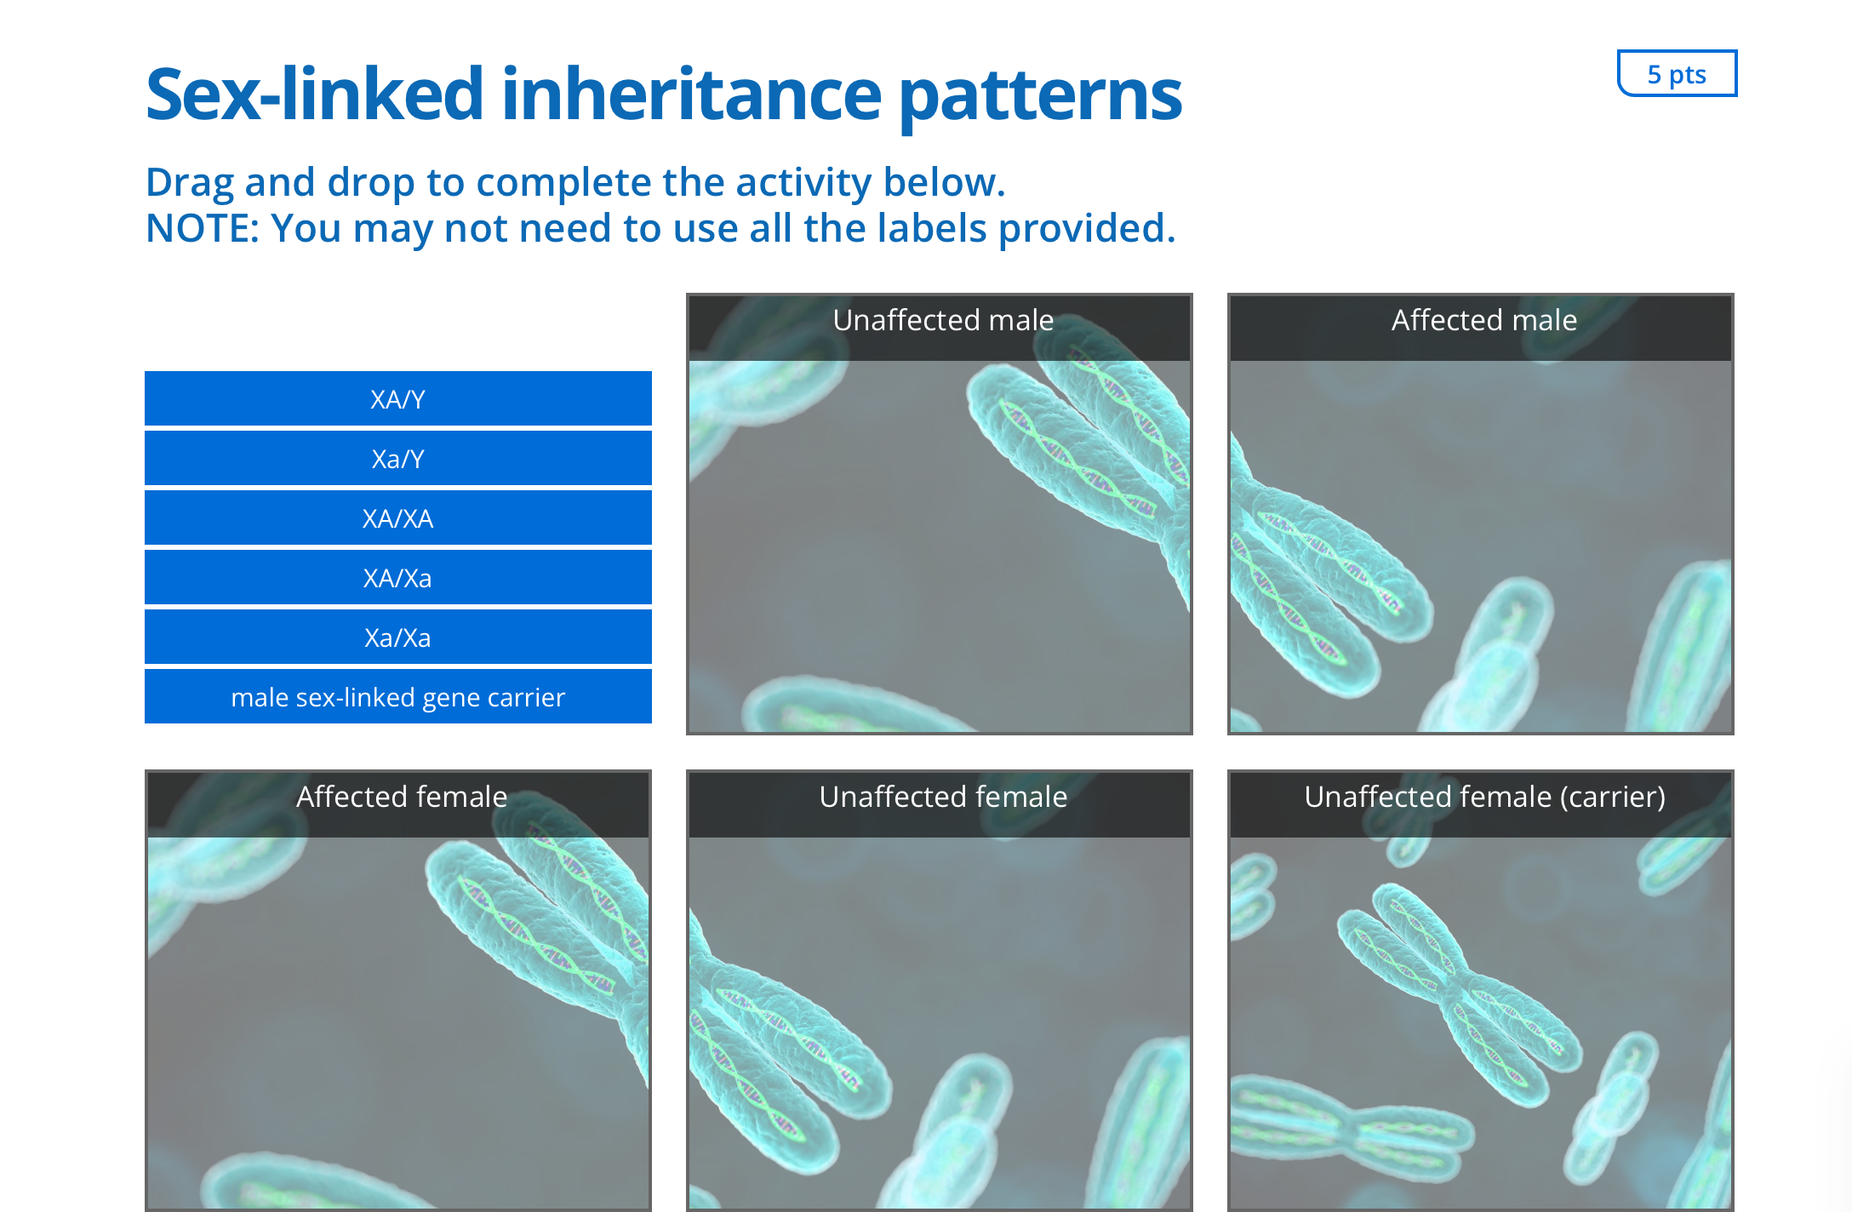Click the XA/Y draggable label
click(398, 398)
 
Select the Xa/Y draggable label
click(398, 458)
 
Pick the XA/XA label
click(398, 517)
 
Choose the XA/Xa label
click(398, 577)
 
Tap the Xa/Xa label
click(398, 637)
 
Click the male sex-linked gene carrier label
click(398, 696)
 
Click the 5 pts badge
click(1677, 74)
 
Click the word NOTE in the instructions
click(202, 228)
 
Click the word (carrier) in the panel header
click(1612, 798)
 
